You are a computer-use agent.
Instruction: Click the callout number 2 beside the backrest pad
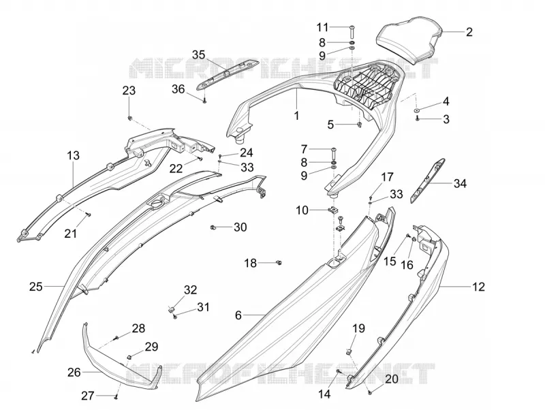tap(469, 32)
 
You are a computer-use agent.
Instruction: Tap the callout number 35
tap(199, 55)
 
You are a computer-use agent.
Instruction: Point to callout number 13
tap(74, 155)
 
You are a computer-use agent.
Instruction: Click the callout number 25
tap(36, 287)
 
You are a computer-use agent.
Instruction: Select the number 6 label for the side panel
tap(238, 315)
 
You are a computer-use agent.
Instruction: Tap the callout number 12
tap(478, 287)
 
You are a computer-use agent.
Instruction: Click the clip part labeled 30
tap(213, 227)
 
